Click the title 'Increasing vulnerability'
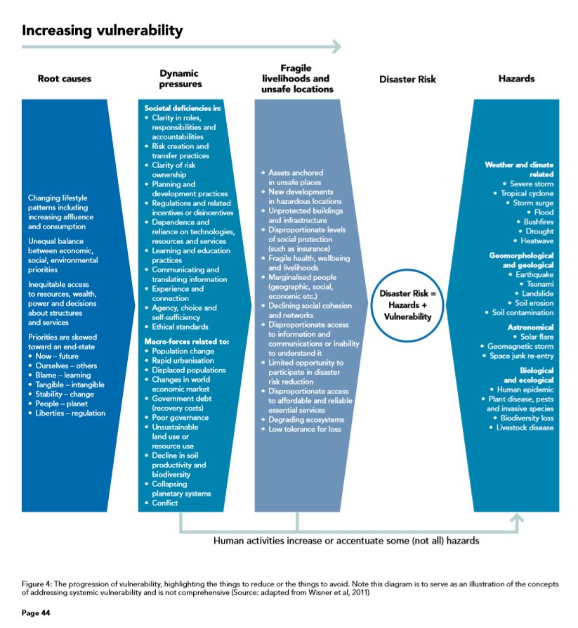click(103, 31)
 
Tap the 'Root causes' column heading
click(65, 79)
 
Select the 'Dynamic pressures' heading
click(180, 79)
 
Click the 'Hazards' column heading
click(516, 79)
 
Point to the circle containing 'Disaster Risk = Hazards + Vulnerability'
click(407, 269)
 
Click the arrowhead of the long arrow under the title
click(337, 47)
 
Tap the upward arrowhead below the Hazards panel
click(517, 518)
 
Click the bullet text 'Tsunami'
click(540, 284)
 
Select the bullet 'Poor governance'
click(180, 417)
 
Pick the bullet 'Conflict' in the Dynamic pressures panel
click(165, 503)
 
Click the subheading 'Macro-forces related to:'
click(186, 342)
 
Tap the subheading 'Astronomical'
click(530, 327)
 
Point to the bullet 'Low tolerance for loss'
click(305, 429)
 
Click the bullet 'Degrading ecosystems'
click(306, 419)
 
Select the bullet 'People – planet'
click(61, 404)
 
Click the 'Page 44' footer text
click(36, 613)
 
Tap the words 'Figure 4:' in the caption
click(37, 584)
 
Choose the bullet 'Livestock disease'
click(525, 428)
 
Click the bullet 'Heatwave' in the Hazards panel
click(537, 241)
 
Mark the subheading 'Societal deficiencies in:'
click(183, 108)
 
